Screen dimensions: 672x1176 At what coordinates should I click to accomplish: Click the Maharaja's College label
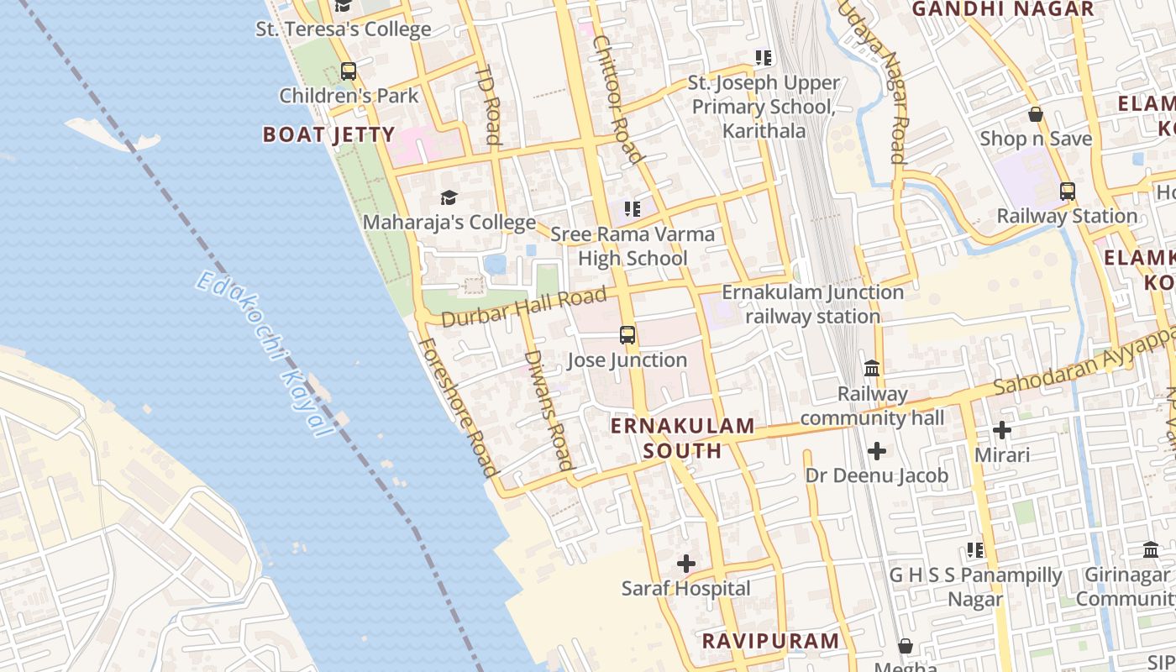click(x=449, y=223)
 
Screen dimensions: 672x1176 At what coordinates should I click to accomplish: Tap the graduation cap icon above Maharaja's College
click(x=449, y=198)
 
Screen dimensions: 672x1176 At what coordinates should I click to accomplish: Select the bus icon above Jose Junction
click(x=627, y=335)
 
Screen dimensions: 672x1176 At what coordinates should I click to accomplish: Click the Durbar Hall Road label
click(x=522, y=307)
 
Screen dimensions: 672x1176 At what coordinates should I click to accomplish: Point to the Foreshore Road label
click(x=458, y=407)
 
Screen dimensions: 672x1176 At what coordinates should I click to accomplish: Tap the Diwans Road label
click(x=549, y=409)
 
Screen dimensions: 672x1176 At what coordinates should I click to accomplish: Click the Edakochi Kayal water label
click(x=264, y=353)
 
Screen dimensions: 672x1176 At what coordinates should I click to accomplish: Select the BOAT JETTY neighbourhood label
click(x=328, y=134)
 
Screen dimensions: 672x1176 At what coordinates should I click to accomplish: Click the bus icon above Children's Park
click(x=349, y=71)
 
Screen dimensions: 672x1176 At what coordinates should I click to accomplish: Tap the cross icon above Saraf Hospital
click(x=686, y=564)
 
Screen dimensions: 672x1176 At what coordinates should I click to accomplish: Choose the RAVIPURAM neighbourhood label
click(x=770, y=641)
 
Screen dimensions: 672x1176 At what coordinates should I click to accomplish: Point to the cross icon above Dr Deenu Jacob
click(x=877, y=451)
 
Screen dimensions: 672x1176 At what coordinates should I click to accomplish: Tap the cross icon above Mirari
click(x=1002, y=430)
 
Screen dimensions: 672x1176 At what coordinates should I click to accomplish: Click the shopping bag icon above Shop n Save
click(x=1036, y=114)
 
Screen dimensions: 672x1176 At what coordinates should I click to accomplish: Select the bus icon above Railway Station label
click(x=1067, y=192)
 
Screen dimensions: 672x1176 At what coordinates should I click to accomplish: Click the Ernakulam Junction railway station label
click(x=813, y=304)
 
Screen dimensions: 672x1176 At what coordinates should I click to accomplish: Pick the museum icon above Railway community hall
click(x=872, y=369)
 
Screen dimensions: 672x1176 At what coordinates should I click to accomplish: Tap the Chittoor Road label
click(x=617, y=99)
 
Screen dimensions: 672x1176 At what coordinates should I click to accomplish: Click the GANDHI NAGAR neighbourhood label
click(x=1003, y=9)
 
